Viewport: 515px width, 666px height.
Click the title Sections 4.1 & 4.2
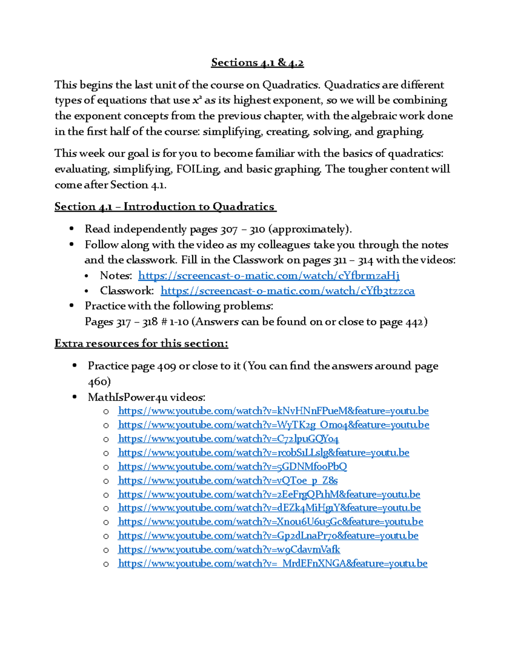pos(257,63)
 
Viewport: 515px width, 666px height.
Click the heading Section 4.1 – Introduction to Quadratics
pos(165,207)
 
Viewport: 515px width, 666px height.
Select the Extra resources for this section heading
pos(141,344)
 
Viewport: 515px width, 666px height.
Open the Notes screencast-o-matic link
pos(269,275)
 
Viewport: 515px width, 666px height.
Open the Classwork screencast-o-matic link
pos(288,291)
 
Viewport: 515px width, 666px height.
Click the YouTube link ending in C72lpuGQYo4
pos(228,439)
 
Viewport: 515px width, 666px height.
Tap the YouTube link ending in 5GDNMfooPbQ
pos(232,467)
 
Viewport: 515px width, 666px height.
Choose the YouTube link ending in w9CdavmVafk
pos(229,549)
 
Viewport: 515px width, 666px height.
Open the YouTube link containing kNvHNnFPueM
pos(273,411)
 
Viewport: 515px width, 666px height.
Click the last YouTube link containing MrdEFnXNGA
pos(273,564)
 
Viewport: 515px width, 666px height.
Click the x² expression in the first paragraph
pos(197,100)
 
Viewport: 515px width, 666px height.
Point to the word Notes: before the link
pos(116,275)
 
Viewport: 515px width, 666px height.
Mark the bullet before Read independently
pos(72,229)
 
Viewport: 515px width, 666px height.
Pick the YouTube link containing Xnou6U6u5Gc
pos(270,522)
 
